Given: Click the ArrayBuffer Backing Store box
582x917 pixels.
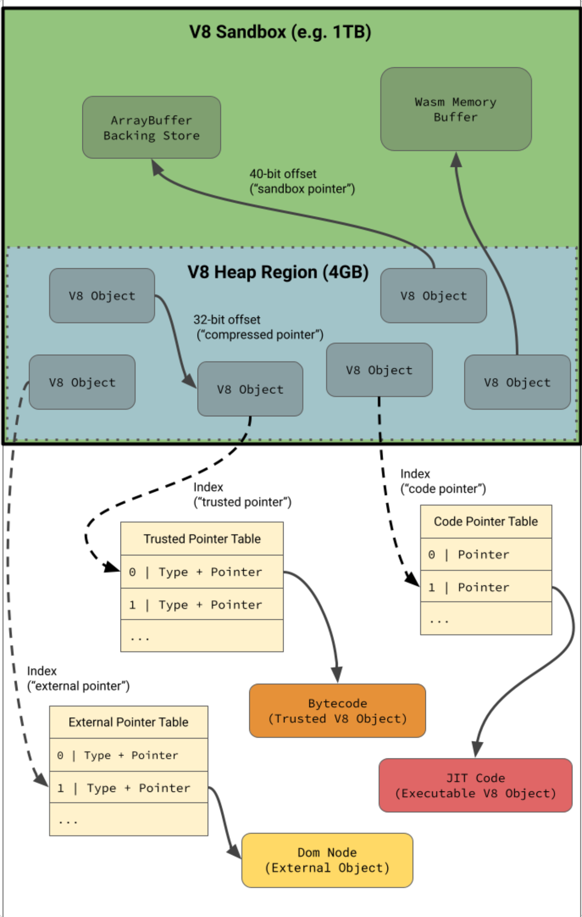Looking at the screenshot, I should point(151,128).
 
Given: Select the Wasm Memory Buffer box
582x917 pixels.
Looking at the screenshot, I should point(456,109).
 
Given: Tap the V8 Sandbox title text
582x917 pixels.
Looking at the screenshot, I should point(280,32).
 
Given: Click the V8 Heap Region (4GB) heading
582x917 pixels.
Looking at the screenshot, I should point(278,272).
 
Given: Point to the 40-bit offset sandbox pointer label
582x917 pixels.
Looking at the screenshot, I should point(302,181).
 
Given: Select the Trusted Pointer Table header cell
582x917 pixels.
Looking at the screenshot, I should point(202,538).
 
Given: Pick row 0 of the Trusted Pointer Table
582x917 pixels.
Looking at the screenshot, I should point(202,572).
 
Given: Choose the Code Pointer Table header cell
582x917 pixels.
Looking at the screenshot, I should point(486,521).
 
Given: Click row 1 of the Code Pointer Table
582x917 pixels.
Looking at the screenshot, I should point(486,587).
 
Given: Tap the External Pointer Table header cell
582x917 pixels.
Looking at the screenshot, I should point(128,722).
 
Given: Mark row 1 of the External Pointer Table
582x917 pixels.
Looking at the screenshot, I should point(128,787).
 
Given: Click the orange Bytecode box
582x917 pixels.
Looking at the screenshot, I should point(337,711).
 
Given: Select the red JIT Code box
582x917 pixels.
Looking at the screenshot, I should point(475,785).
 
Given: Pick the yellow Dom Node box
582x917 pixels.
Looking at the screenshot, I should point(327,860).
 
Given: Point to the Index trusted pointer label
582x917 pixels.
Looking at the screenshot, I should point(242,495).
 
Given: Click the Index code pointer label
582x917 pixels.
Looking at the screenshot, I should point(443,481).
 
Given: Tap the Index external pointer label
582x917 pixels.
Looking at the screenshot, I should point(78,678).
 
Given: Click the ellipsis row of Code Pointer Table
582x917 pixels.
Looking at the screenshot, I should point(486,619).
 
